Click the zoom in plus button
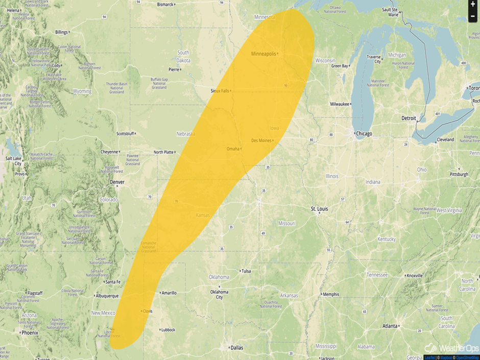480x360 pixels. pyautogui.click(x=473, y=4)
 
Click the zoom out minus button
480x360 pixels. pyautogui.click(x=473, y=16)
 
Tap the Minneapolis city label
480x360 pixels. pyautogui.click(x=263, y=54)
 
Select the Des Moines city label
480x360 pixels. pyautogui.click(x=261, y=140)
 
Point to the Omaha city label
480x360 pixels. pyautogui.click(x=232, y=149)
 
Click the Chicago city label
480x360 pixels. pyautogui.click(x=364, y=134)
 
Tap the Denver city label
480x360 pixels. pyautogui.click(x=116, y=182)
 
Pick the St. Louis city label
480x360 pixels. pyautogui.click(x=320, y=209)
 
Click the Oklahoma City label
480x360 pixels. pyautogui.click(x=219, y=294)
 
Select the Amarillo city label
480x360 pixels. pyautogui.click(x=169, y=293)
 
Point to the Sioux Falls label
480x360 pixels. pyautogui.click(x=220, y=91)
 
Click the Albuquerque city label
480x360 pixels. pyautogui.click(x=107, y=296)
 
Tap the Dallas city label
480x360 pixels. pyautogui.click(x=236, y=348)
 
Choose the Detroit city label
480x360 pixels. pyautogui.click(x=409, y=118)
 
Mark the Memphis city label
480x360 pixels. pyautogui.click(x=331, y=294)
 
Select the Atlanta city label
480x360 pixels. pyautogui.click(x=391, y=326)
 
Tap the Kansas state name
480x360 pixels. pyautogui.click(x=203, y=215)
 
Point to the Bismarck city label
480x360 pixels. pyautogui.click(x=165, y=4)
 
